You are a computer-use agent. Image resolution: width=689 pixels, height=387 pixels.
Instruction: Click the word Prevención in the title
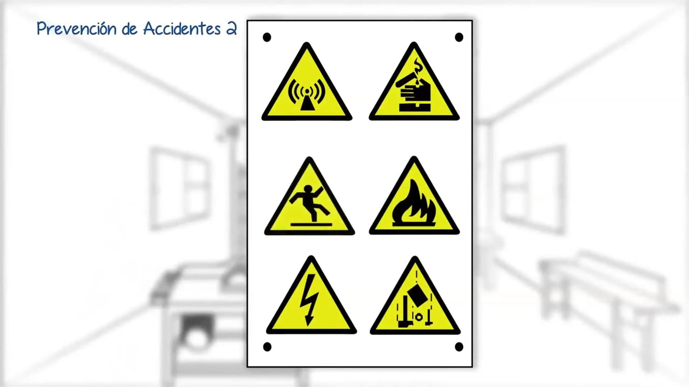[76, 29]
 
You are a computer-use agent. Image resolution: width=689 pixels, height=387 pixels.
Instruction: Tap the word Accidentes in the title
[182, 29]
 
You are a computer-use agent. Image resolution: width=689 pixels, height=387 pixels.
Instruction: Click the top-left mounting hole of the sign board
[267, 37]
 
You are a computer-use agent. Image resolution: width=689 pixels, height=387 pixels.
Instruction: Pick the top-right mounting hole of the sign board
[459, 37]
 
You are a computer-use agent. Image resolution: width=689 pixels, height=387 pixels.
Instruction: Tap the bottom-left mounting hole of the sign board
[267, 347]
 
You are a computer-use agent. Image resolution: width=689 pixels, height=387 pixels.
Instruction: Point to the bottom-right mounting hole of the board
[459, 347]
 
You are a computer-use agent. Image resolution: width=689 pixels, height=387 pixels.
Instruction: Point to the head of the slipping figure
[308, 189]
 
